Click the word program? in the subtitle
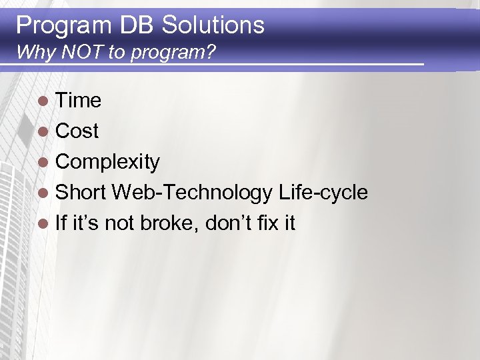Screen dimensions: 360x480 [x=173, y=53]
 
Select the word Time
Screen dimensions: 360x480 [x=78, y=101]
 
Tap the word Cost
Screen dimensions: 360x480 [x=77, y=131]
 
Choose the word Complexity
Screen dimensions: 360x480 [x=107, y=162]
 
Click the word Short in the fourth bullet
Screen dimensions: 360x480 [x=81, y=193]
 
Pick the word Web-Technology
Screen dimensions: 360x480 [x=192, y=193]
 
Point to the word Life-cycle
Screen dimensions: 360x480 [x=323, y=193]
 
